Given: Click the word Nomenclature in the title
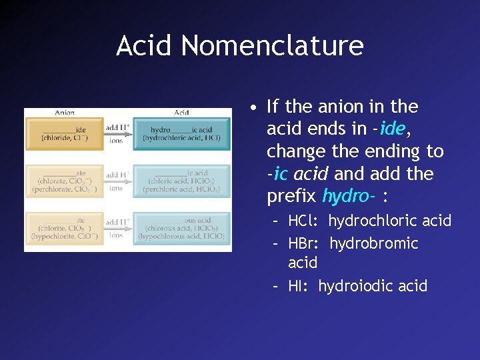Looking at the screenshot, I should (x=272, y=46).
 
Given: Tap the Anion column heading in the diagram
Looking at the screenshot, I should (x=65, y=113).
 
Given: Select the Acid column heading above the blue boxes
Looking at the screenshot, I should (x=181, y=113).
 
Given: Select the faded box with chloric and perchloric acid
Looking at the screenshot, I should (x=181, y=181).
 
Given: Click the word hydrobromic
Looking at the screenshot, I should (x=373, y=243).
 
